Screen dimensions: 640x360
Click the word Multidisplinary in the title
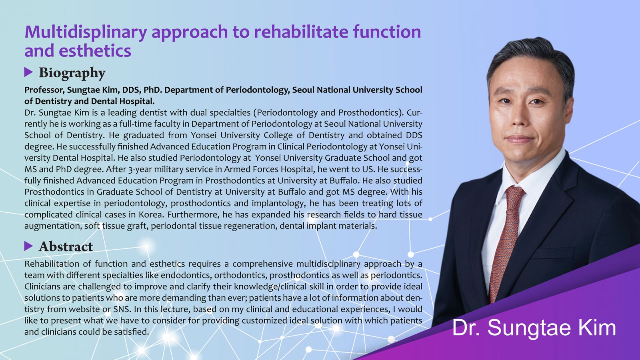click(x=86, y=32)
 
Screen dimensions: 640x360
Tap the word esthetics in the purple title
click(x=95, y=50)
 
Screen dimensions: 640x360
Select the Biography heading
click(x=72, y=72)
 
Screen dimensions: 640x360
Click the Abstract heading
click(x=66, y=246)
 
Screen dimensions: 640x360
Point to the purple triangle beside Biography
click(x=28, y=72)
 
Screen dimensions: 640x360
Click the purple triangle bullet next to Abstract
click(x=28, y=246)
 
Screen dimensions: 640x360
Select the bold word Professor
click(x=44, y=90)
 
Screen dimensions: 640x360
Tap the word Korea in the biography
click(x=152, y=214)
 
